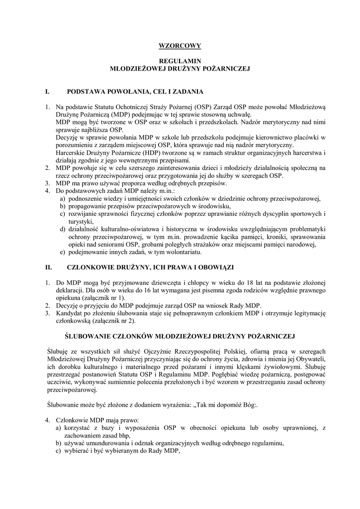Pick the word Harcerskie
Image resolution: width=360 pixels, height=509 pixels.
(x=71, y=151)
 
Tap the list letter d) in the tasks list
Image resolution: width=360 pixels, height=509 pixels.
(x=63, y=229)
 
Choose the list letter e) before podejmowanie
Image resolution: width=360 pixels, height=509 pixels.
(x=63, y=252)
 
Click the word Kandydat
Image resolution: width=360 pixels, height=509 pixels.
(x=70, y=313)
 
